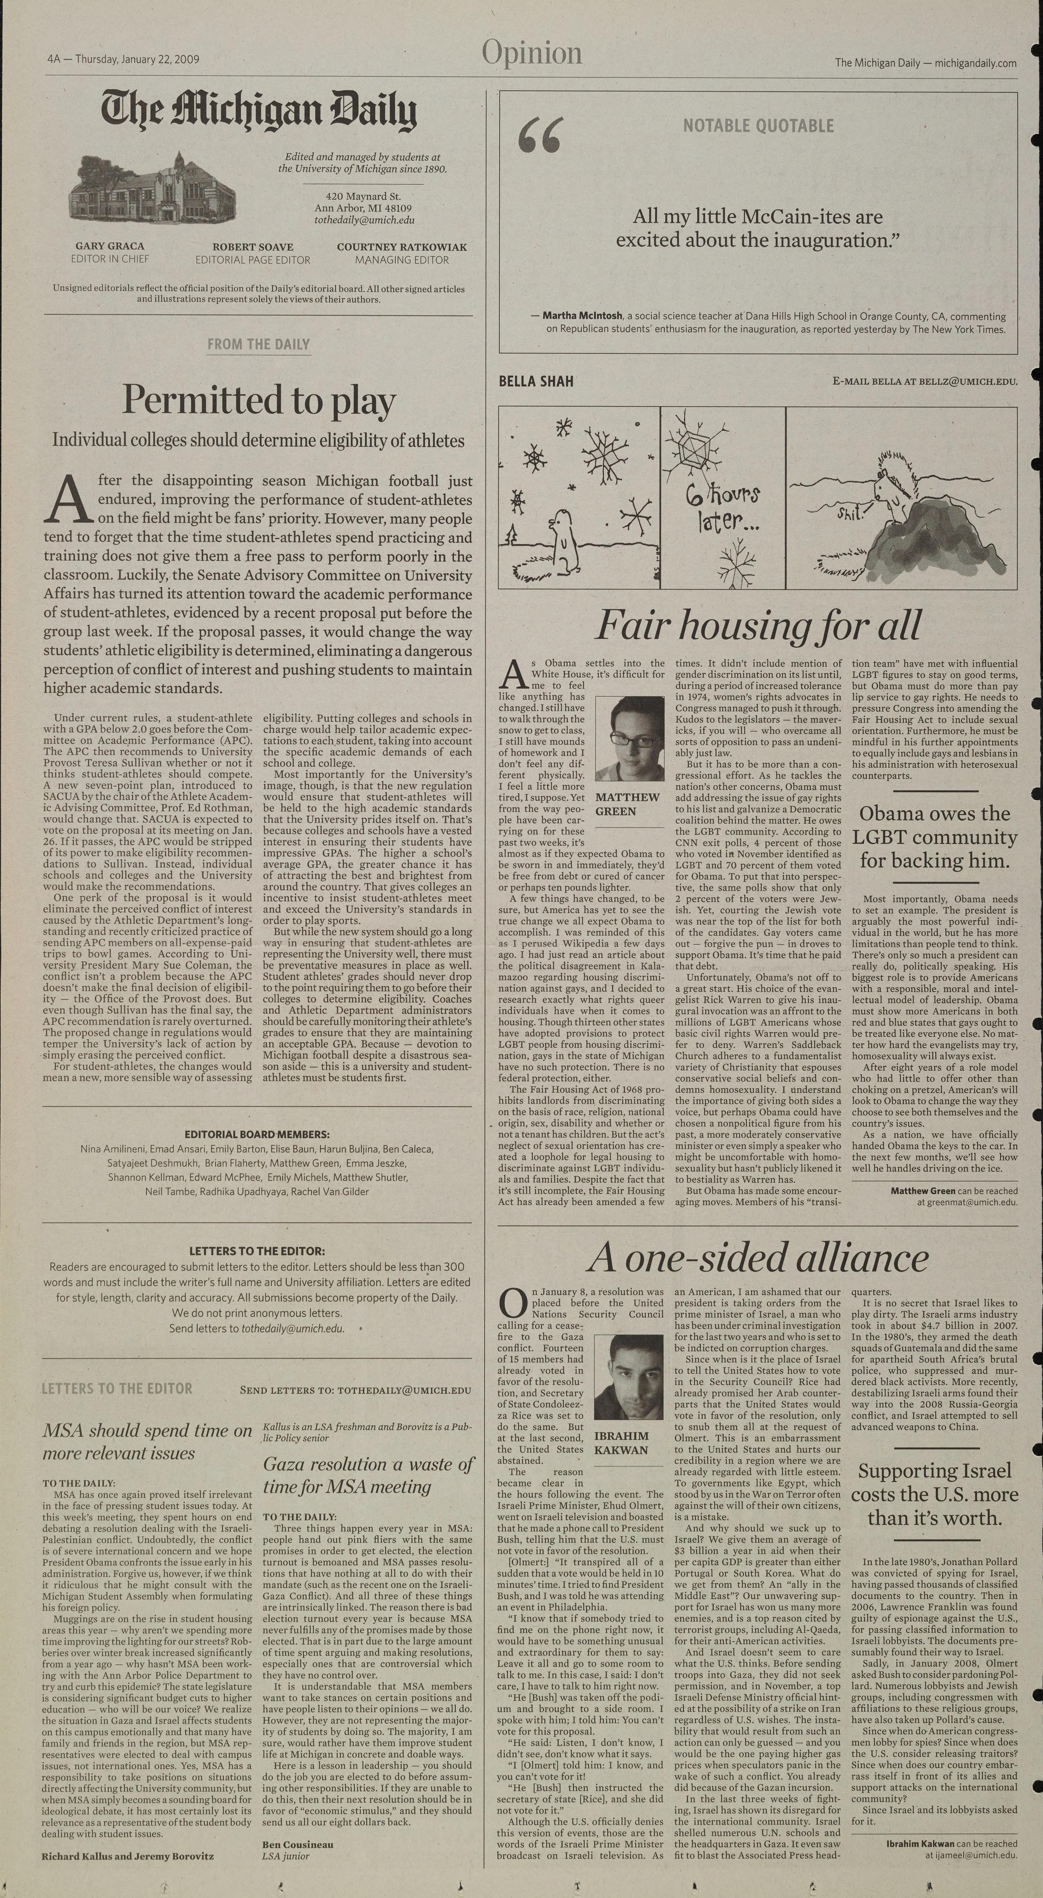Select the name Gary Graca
(x=110, y=246)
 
